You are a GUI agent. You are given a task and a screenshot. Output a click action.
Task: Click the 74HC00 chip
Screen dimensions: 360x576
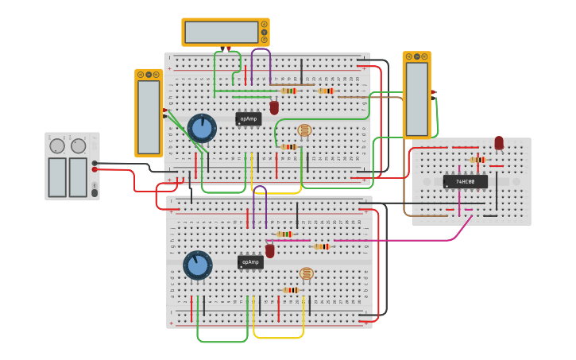pyautogui.click(x=466, y=181)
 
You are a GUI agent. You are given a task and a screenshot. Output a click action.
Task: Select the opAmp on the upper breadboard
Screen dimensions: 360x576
pyautogui.click(x=249, y=118)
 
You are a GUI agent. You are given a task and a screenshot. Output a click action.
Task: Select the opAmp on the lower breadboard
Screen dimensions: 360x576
pyautogui.click(x=250, y=261)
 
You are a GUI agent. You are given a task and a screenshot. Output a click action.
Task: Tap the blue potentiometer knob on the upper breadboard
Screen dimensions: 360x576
pyautogui.click(x=202, y=128)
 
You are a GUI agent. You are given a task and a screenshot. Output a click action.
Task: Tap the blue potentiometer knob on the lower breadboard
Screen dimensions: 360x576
pyautogui.click(x=198, y=265)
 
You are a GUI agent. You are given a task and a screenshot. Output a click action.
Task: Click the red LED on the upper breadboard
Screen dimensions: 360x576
pyautogui.click(x=274, y=107)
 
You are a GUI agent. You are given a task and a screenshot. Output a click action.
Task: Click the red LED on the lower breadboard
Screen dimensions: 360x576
pyautogui.click(x=270, y=250)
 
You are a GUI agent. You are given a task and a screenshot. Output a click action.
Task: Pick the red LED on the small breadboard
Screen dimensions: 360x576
pyautogui.click(x=499, y=143)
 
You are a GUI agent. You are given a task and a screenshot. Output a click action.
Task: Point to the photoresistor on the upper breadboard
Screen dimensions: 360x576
pyautogui.click(x=304, y=130)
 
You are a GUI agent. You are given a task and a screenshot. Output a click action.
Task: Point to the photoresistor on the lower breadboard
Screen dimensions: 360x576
pyautogui.click(x=306, y=273)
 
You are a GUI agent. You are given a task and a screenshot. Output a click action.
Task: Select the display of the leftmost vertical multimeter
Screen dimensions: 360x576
pyautogui.click(x=149, y=116)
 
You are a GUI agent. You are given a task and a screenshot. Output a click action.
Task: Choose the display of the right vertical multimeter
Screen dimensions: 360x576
pyautogui.click(x=416, y=99)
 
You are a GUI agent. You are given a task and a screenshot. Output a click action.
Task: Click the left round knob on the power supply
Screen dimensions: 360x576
pyautogui.click(x=57, y=146)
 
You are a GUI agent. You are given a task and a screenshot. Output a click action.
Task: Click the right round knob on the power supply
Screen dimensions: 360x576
pyautogui.click(x=78, y=146)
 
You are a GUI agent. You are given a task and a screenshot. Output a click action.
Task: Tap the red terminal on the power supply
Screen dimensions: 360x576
pyautogui.click(x=95, y=169)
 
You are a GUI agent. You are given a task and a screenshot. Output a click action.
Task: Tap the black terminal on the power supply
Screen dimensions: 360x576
pyautogui.click(x=95, y=162)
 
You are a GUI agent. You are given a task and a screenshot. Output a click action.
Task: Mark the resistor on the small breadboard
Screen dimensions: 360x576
pyautogui.click(x=477, y=160)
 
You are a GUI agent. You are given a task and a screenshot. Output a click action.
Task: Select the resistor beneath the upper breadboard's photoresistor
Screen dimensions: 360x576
pyautogui.click(x=288, y=147)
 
